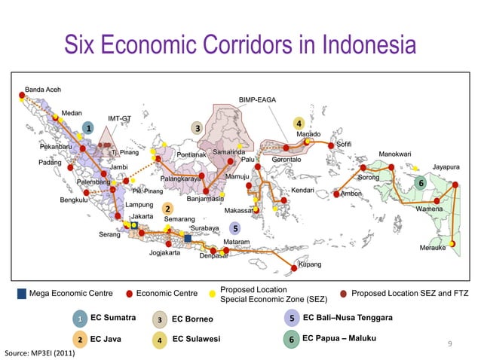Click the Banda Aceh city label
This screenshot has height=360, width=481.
coord(44,89)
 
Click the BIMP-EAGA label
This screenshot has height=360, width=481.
coord(257,99)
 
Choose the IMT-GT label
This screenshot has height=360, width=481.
coord(120,118)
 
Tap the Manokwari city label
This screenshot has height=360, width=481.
coord(395,154)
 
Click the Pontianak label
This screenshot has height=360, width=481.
coord(192,155)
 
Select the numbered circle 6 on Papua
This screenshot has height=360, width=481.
coord(421,183)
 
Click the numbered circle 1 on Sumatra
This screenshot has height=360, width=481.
coord(88,128)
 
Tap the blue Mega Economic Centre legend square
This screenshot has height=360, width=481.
coord(21,293)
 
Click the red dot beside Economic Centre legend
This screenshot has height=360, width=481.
coord(129,293)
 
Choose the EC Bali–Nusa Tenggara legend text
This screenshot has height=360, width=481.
coord(348,318)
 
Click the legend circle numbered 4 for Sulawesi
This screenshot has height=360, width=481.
coord(160,340)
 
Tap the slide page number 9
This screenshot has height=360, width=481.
coord(450,345)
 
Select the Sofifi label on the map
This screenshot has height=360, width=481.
coord(344,143)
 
